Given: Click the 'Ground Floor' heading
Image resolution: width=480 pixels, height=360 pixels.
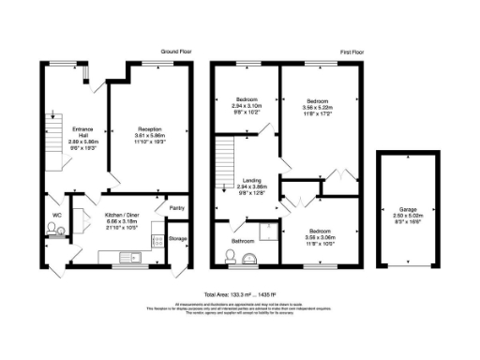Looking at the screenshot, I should coord(177,51).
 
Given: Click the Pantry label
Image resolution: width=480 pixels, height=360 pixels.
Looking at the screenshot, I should coord(176,207).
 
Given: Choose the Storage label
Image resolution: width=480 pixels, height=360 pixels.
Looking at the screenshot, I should coord(178,239).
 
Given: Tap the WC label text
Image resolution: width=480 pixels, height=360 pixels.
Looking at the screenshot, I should coord(56,216).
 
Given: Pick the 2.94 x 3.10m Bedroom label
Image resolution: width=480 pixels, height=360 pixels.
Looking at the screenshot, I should coord(247,105).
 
